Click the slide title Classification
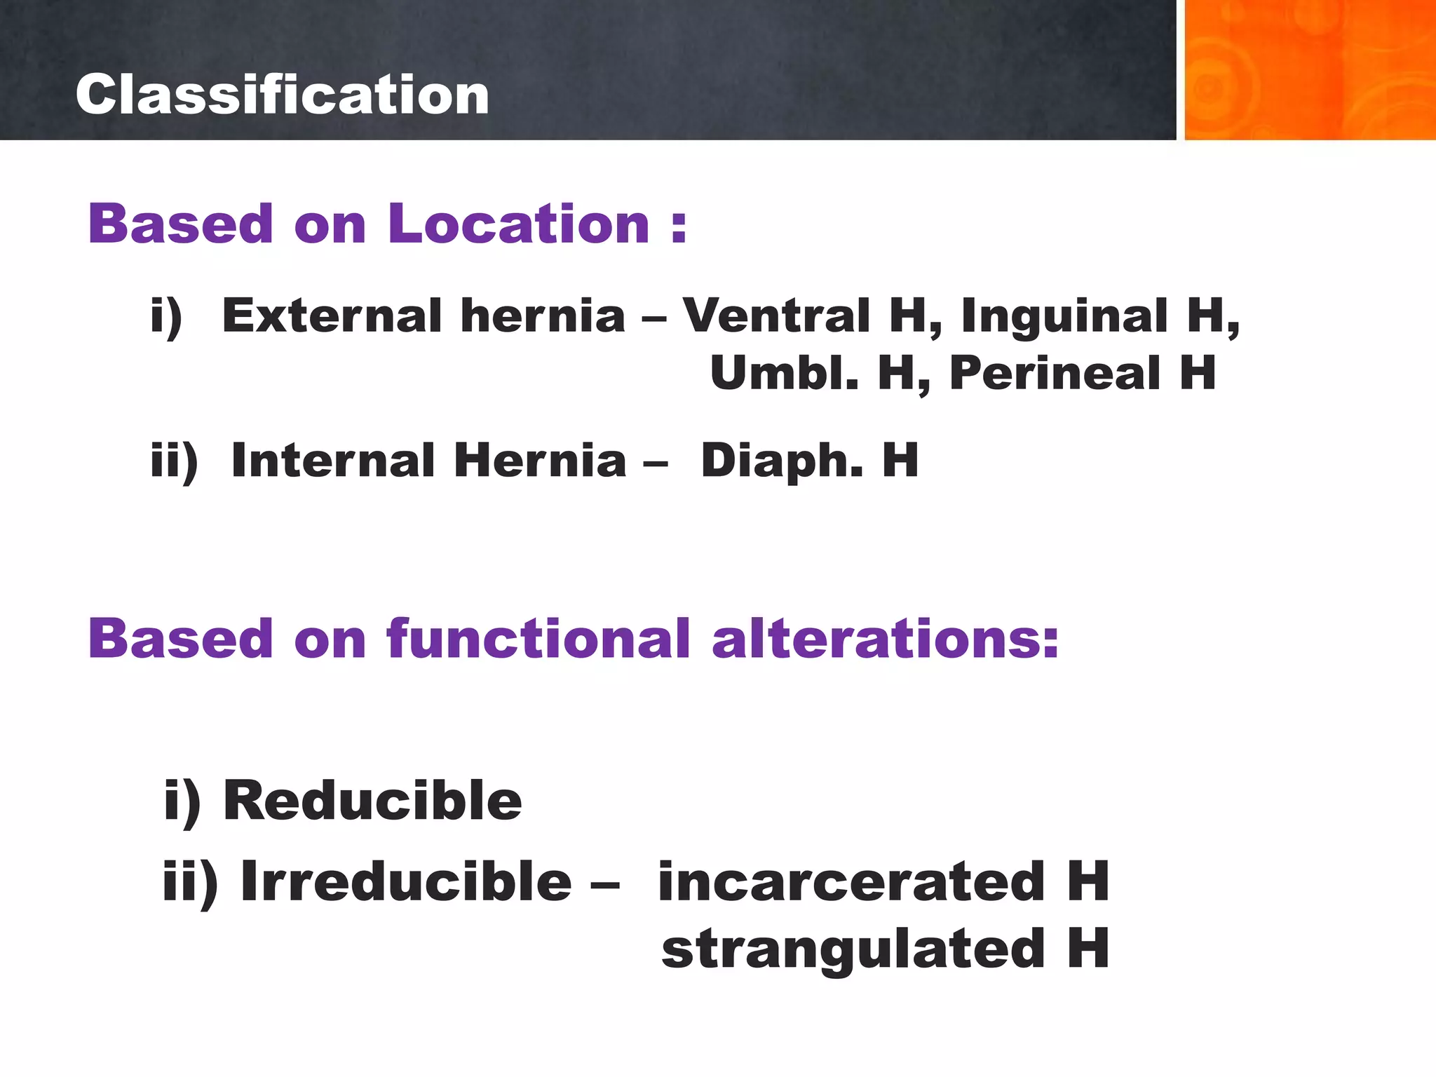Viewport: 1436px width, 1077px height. click(x=282, y=95)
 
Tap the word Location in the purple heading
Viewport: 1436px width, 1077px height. click(x=518, y=224)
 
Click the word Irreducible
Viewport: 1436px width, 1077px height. click(x=406, y=881)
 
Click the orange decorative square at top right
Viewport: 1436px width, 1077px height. click(x=1309, y=70)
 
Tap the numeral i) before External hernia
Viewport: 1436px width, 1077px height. click(x=167, y=316)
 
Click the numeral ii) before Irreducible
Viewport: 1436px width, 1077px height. click(x=190, y=882)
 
